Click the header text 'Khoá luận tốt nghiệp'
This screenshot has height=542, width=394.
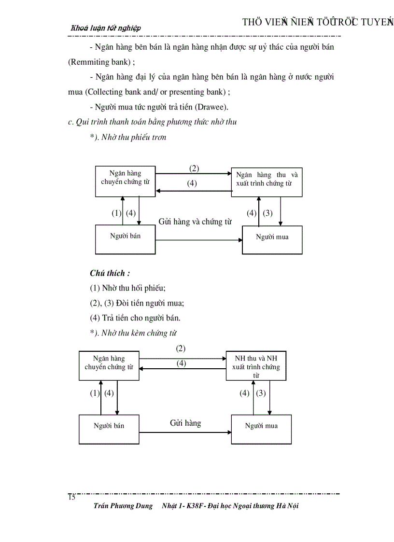(106, 28)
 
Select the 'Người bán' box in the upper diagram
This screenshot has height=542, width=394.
(125, 239)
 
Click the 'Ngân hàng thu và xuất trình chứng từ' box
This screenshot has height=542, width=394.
(267, 182)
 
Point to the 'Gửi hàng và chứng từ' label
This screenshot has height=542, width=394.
(195, 222)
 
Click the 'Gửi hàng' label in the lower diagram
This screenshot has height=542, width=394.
(185, 423)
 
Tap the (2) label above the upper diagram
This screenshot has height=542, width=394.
(194, 168)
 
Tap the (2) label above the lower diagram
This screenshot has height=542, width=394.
(181, 348)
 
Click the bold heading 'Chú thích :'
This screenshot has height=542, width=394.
(110, 273)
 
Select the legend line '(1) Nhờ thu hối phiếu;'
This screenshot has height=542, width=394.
(128, 288)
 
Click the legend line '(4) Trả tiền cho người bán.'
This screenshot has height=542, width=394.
(135, 318)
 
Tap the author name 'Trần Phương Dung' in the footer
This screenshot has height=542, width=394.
(123, 506)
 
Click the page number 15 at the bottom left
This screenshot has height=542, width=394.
(71, 498)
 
